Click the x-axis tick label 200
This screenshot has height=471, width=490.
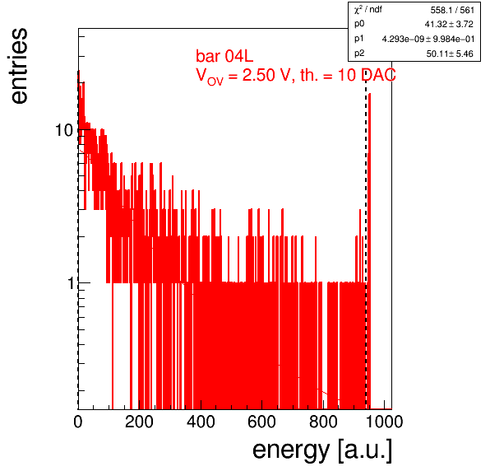[x=139, y=422]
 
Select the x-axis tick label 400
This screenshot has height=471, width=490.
[x=201, y=422]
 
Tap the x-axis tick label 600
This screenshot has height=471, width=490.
[x=261, y=422]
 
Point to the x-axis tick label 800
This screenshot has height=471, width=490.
[x=323, y=422]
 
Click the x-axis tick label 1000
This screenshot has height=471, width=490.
[x=384, y=422]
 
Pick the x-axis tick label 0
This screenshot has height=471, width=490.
[x=78, y=422]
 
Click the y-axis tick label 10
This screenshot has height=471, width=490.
[x=64, y=130]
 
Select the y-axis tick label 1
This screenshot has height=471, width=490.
[x=72, y=283]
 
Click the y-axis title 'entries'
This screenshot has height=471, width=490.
[x=19, y=66]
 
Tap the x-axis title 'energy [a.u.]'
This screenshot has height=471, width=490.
[x=322, y=450]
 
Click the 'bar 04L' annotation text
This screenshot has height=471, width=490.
[x=224, y=56]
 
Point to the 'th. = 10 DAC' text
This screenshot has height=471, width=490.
[x=348, y=75]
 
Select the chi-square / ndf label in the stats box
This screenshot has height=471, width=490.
[x=367, y=9]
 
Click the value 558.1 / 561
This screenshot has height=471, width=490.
[x=452, y=11]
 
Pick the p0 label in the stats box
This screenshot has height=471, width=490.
[x=359, y=24]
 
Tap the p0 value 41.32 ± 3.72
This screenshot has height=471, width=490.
[x=449, y=24]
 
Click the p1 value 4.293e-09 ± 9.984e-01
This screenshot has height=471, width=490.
[x=428, y=40]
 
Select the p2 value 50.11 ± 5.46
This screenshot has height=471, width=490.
[x=450, y=54]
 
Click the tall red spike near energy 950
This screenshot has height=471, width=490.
[x=369, y=250]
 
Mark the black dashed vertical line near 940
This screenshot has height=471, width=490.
[x=366, y=240]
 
